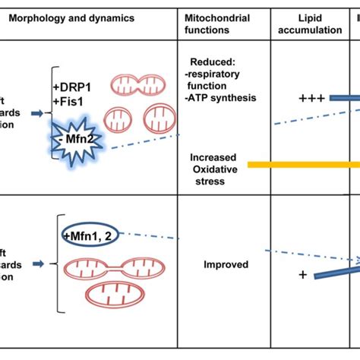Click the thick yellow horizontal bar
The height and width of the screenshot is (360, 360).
304,164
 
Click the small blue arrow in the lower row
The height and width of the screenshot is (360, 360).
36,264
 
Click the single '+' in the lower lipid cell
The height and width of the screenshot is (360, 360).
303,274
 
